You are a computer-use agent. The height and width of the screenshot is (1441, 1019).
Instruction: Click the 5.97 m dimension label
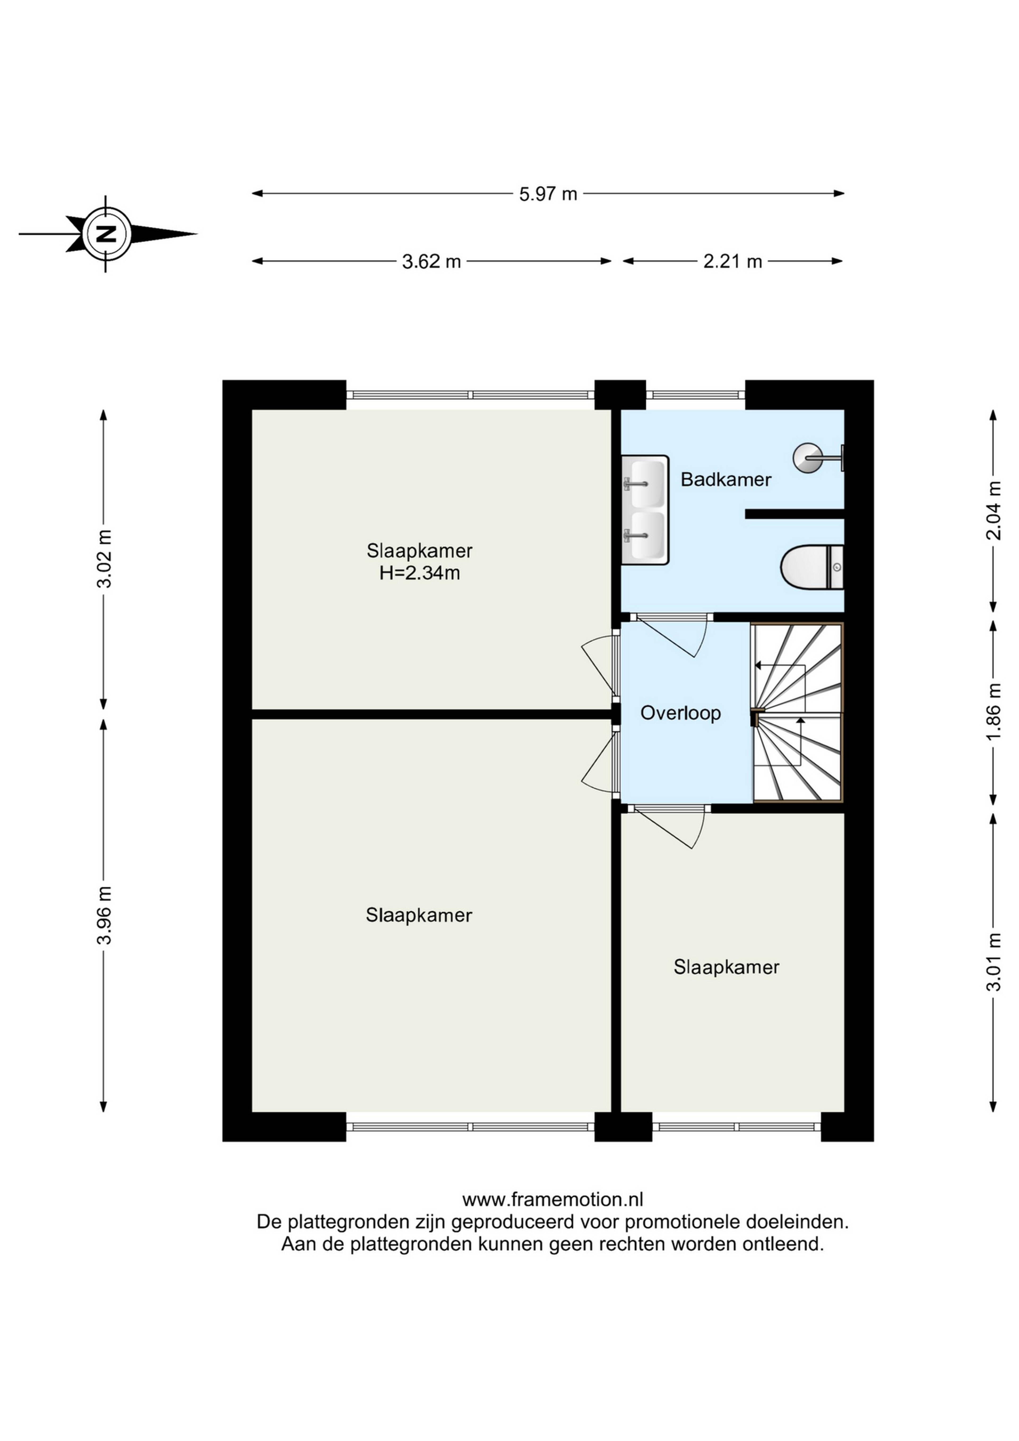click(x=548, y=194)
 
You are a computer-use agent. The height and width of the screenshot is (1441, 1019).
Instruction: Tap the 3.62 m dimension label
click(x=432, y=261)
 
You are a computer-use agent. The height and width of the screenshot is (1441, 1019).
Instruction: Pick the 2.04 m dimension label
click(x=993, y=510)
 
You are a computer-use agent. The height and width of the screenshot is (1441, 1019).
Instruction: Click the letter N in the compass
click(x=107, y=234)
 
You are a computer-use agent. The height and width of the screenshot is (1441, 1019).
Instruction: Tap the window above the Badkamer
click(x=695, y=395)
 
